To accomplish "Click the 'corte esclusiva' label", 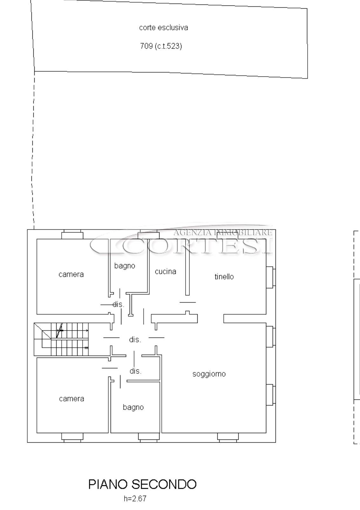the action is tap(163, 28).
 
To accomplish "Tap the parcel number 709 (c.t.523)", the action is tap(161, 46).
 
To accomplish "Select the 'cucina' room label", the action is tap(166, 272).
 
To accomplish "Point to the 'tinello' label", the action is tap(224, 277).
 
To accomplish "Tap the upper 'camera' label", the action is tap(71, 274).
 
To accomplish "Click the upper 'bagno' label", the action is tap(125, 266).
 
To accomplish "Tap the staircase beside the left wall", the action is tap(61, 339).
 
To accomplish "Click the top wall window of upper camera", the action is tap(72, 234).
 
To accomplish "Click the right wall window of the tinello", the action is tap(271, 277).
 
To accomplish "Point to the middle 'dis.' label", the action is tap(135, 340).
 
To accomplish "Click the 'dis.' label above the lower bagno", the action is tap(136, 371).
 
